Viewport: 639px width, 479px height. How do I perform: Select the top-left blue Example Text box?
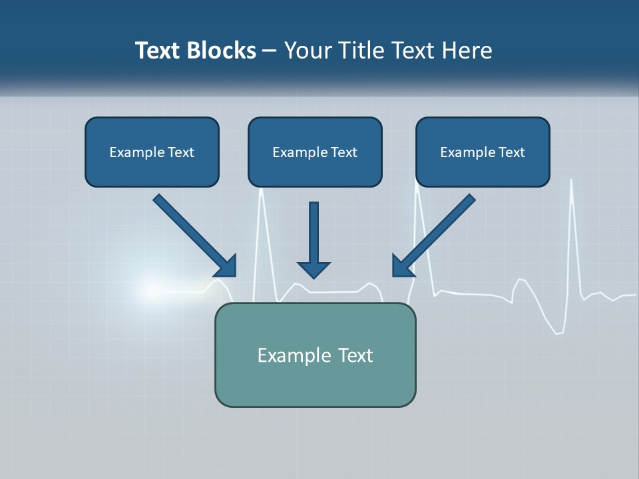pyautogui.click(x=152, y=152)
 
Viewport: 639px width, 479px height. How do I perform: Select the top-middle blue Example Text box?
pyautogui.click(x=315, y=152)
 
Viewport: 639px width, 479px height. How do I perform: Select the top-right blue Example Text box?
pyautogui.click(x=483, y=152)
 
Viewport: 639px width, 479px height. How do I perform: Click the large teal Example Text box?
pyautogui.click(x=315, y=355)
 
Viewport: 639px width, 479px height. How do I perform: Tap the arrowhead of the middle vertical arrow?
pyautogui.click(x=314, y=269)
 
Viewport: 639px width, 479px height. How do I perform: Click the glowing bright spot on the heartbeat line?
pyautogui.click(x=150, y=290)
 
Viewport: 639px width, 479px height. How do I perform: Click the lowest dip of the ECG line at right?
pyautogui.click(x=560, y=331)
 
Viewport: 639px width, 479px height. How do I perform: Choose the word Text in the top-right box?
pyautogui.click(x=512, y=152)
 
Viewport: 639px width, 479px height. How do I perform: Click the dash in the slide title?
pyautogui.click(x=270, y=51)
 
